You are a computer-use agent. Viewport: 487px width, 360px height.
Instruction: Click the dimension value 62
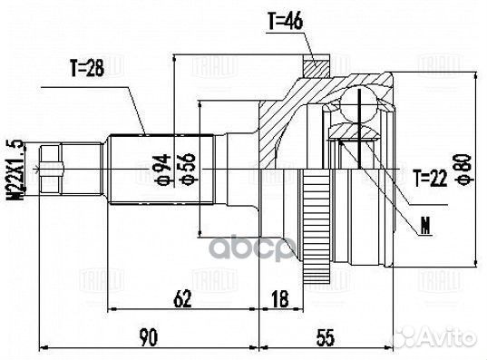click(x=182, y=296)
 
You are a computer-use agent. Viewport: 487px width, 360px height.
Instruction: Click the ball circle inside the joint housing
click(x=362, y=108)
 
